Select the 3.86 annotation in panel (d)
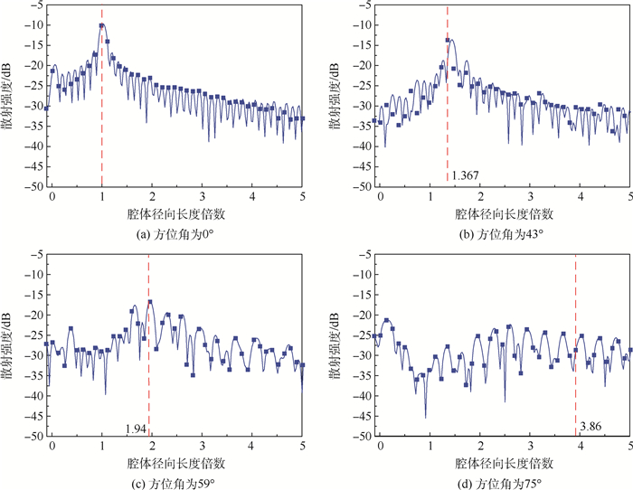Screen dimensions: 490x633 pos(590,424)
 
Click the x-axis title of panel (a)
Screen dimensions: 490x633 pos(176,216)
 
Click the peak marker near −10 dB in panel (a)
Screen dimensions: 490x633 pos(103,26)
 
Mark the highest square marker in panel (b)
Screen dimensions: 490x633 pos(448,41)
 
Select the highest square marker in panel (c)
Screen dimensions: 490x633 pos(150,302)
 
